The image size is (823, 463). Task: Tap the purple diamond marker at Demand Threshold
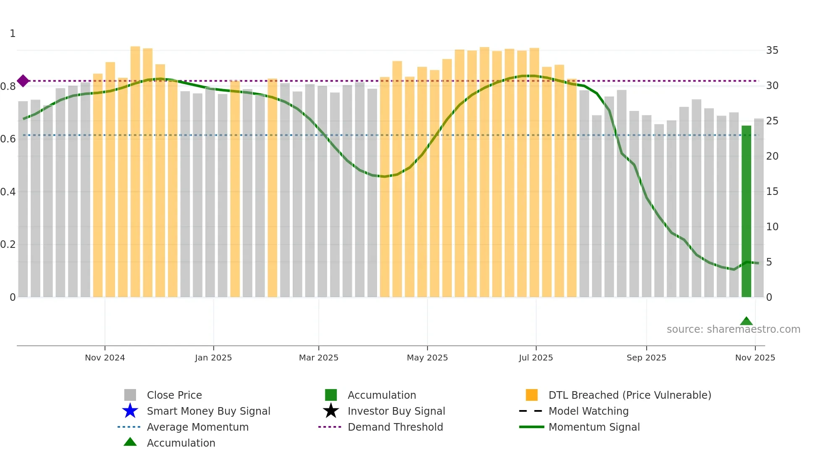pos(23,81)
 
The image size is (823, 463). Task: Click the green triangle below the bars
pos(746,321)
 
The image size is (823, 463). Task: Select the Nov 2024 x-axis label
pos(105,358)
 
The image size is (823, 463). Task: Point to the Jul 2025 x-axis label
pos(536,358)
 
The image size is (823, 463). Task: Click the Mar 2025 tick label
pos(319,358)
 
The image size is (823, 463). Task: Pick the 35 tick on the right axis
pos(772,50)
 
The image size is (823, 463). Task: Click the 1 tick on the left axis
pos(13,34)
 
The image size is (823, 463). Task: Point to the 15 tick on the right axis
pos(772,192)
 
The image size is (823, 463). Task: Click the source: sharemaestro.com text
pos(733,329)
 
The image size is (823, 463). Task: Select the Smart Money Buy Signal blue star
pos(130,411)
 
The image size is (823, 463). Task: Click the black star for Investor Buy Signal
pos(331,411)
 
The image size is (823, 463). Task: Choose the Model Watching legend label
pos(588,411)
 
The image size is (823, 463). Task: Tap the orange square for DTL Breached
pos(532,395)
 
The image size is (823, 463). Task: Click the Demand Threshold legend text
pos(395,427)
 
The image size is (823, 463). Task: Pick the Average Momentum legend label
pos(197,427)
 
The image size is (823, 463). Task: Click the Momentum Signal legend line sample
pos(532,427)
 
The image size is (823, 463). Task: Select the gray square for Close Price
pos(130,395)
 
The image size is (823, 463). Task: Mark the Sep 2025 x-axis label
pos(646,358)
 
